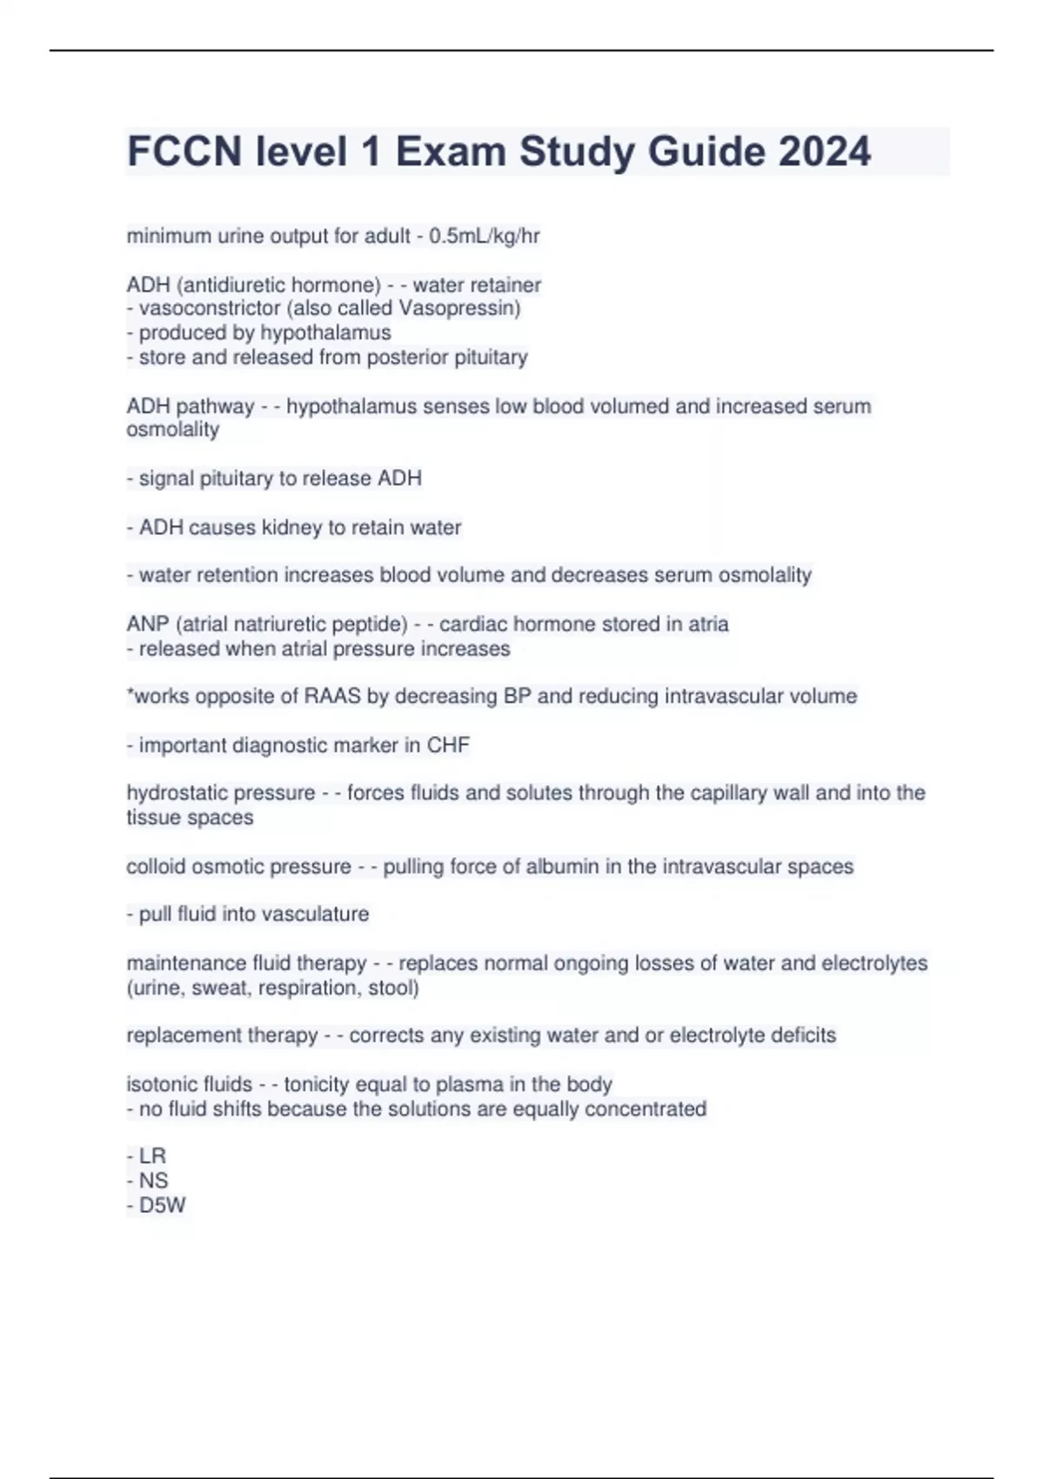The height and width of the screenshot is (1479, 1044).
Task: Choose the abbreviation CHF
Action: pos(448,746)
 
